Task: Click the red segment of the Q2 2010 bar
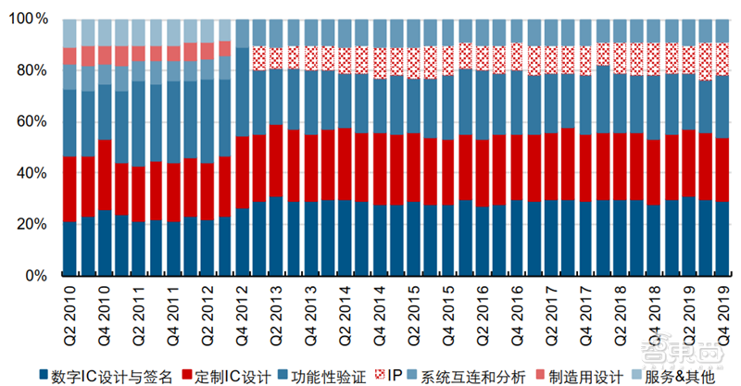(69, 190)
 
